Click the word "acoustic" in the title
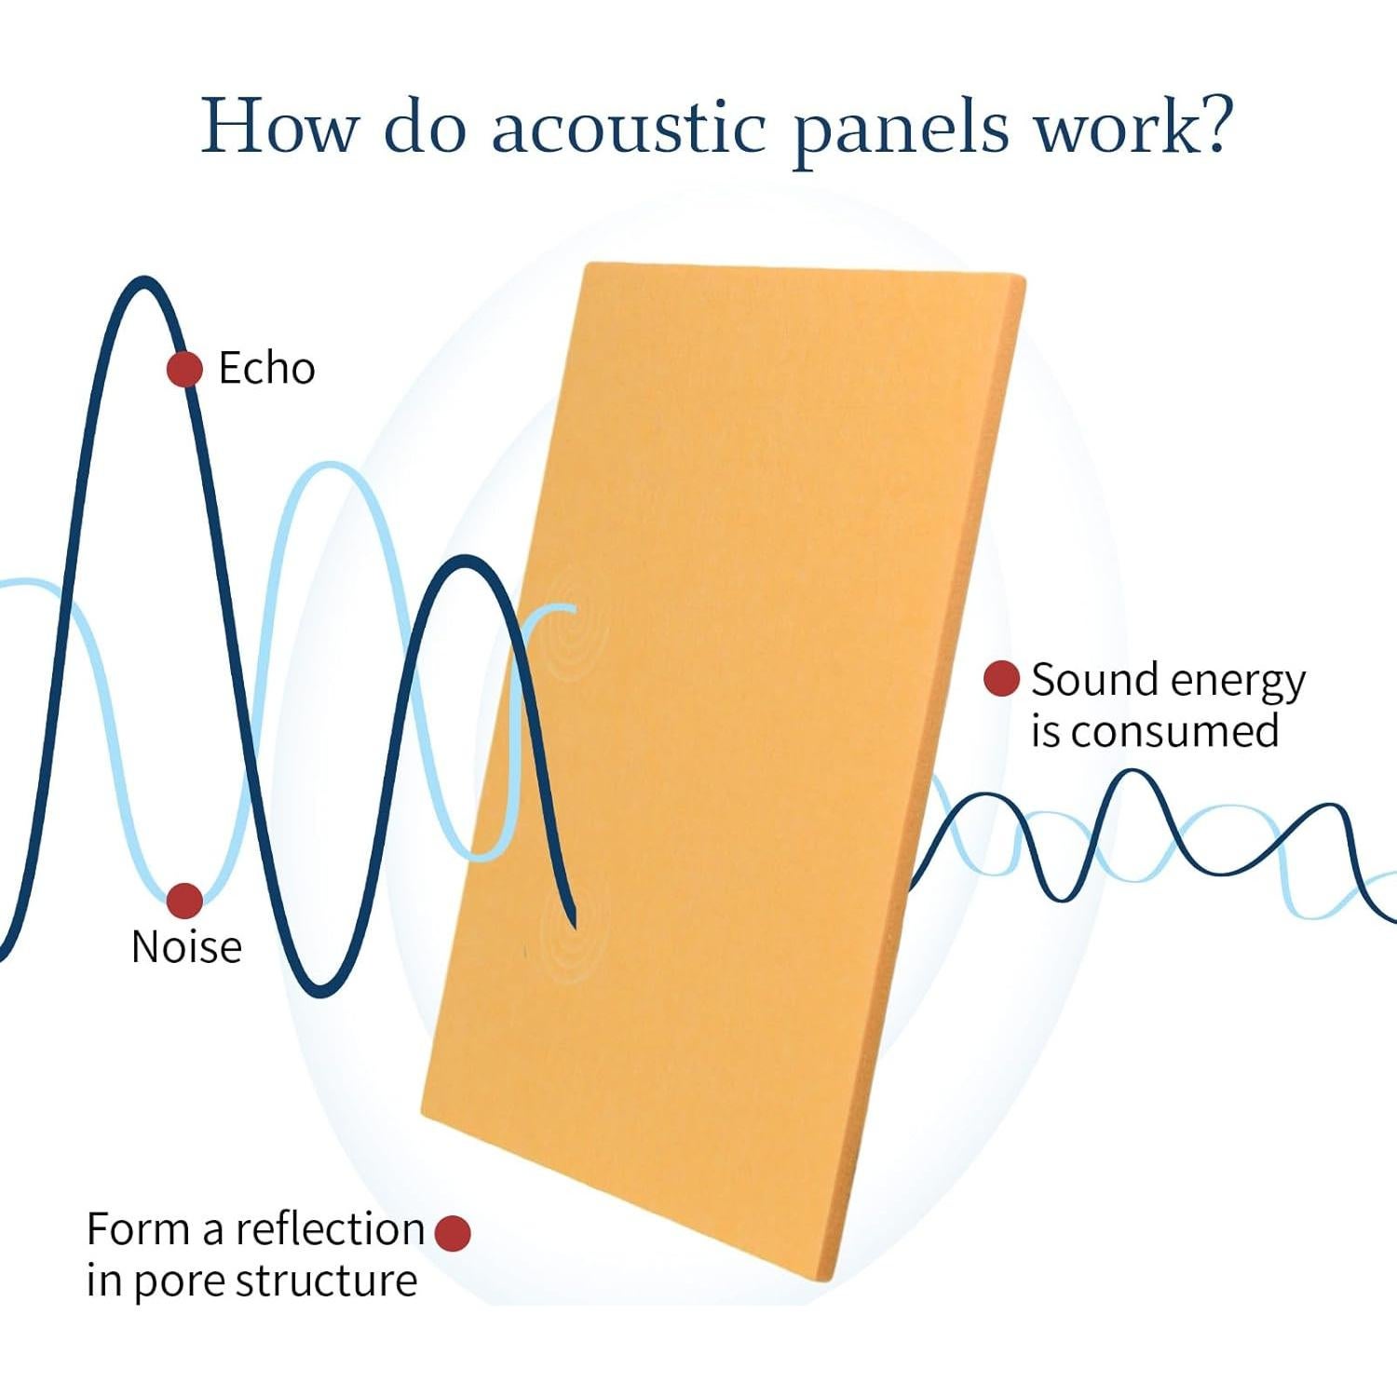pyautogui.click(x=629, y=127)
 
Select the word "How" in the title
pyautogui.click(x=279, y=125)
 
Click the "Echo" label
pyautogui.click(x=266, y=369)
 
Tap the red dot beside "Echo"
pyautogui.click(x=185, y=370)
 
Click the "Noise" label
pyautogui.click(x=186, y=947)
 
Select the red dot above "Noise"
pyautogui.click(x=184, y=901)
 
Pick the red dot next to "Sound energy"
pyautogui.click(x=1001, y=679)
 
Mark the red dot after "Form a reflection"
pyautogui.click(x=453, y=1233)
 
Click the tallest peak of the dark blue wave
pyautogui.click(x=143, y=281)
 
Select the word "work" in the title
pyautogui.click(x=1114, y=125)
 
